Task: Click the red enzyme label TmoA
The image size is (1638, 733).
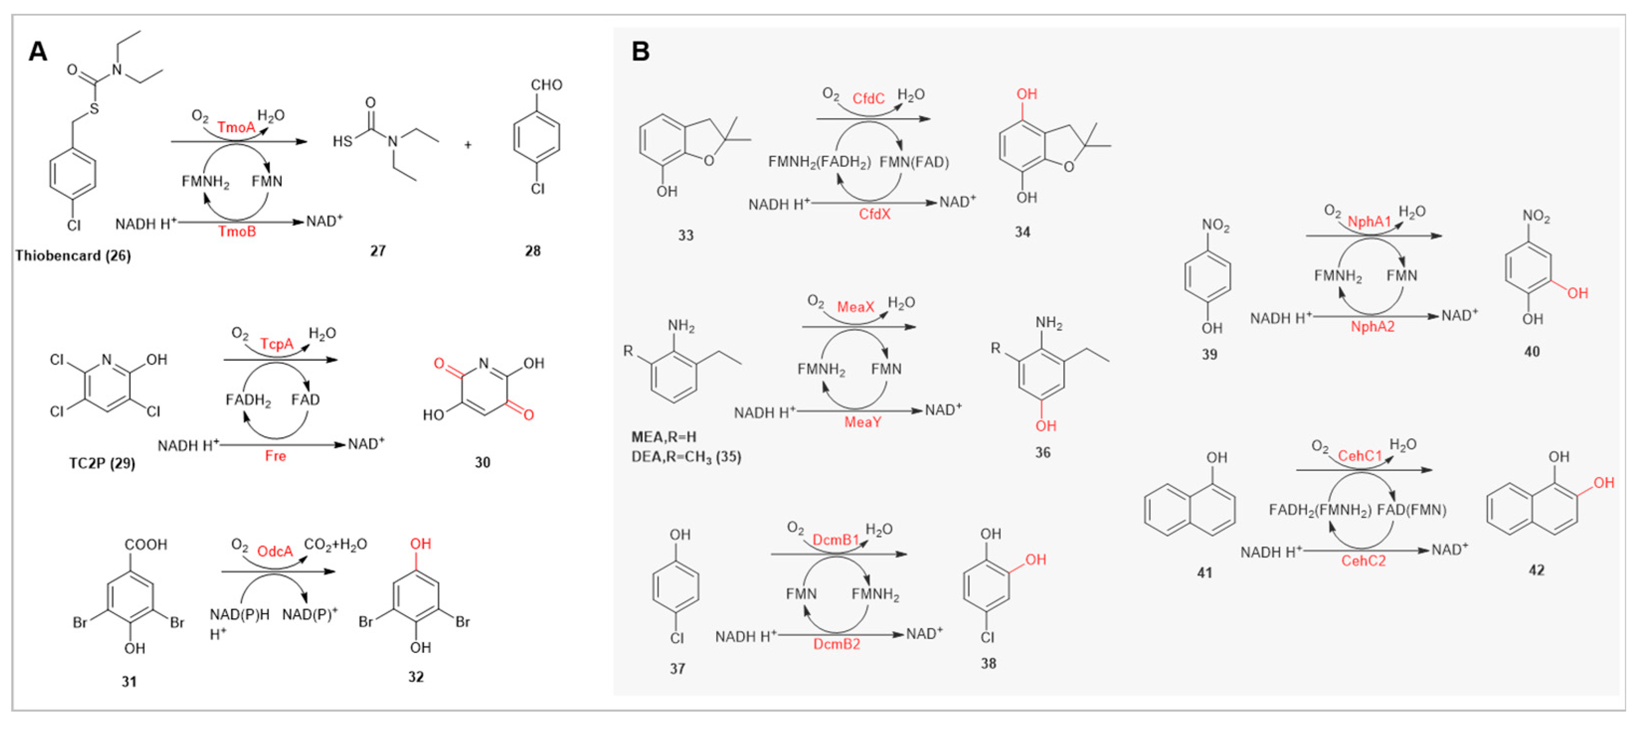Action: pyautogui.click(x=236, y=127)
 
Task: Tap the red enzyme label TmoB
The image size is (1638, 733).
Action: pyautogui.click(x=237, y=232)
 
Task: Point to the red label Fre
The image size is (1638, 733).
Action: pyautogui.click(x=275, y=456)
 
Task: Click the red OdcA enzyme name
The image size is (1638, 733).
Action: pyautogui.click(x=275, y=551)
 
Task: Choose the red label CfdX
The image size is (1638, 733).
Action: pyautogui.click(x=874, y=214)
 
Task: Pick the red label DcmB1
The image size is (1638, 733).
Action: pyautogui.click(x=836, y=540)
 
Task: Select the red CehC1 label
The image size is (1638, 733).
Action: pyautogui.click(x=1360, y=456)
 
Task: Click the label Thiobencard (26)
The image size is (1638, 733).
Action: pyautogui.click(x=73, y=255)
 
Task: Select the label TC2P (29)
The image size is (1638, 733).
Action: pyautogui.click(x=102, y=463)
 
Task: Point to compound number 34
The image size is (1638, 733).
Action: pyautogui.click(x=1022, y=232)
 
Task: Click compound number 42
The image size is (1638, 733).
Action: pyautogui.click(x=1536, y=570)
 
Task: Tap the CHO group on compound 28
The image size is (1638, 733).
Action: pyautogui.click(x=546, y=85)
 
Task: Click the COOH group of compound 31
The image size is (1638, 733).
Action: pyautogui.click(x=146, y=544)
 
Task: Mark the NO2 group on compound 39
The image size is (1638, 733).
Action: pyautogui.click(x=1215, y=225)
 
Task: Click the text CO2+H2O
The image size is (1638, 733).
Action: pyautogui.click(x=335, y=544)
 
